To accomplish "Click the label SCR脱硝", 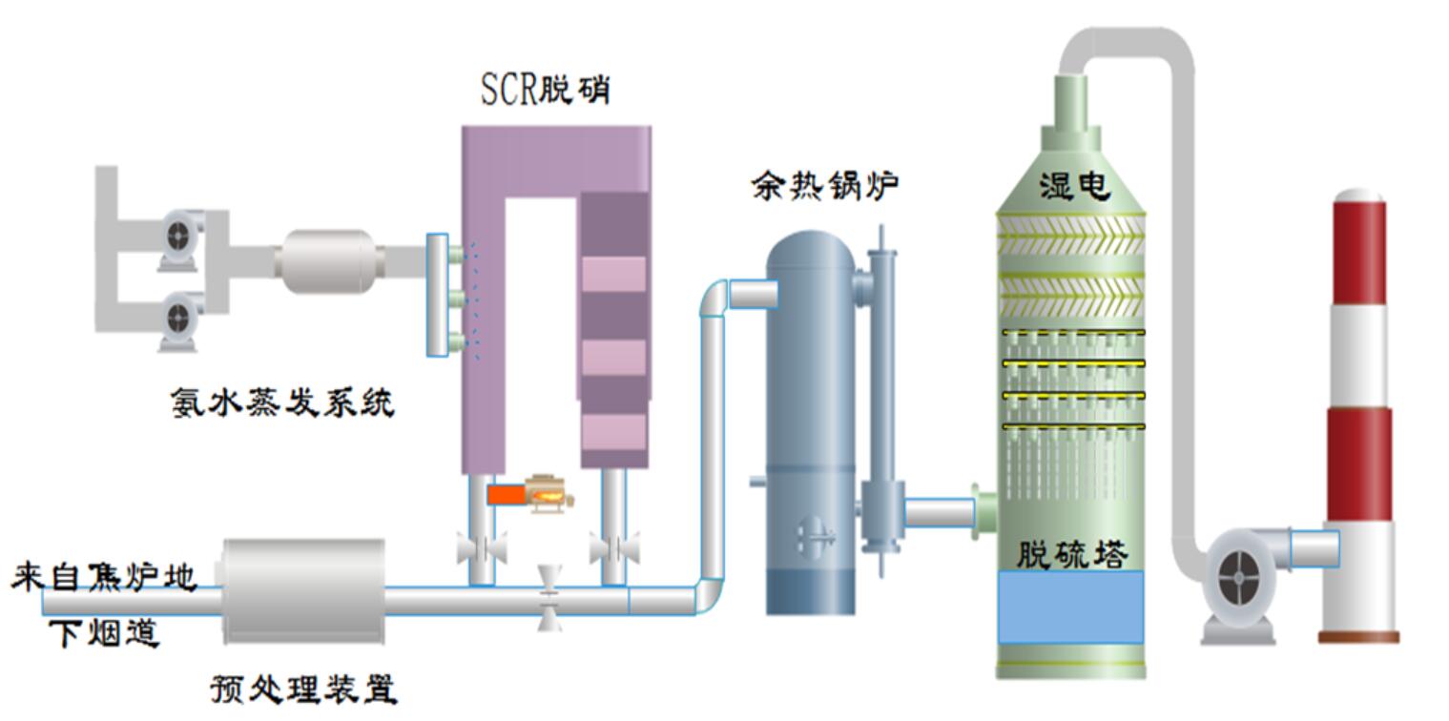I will (545, 91).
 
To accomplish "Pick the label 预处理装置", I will (303, 689).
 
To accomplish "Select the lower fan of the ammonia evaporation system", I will (179, 319).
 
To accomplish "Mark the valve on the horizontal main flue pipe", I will (549, 599).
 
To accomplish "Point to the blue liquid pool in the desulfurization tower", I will (1070, 608).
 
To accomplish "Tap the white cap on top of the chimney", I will (1357, 195).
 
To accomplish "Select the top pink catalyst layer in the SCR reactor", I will (613, 274).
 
